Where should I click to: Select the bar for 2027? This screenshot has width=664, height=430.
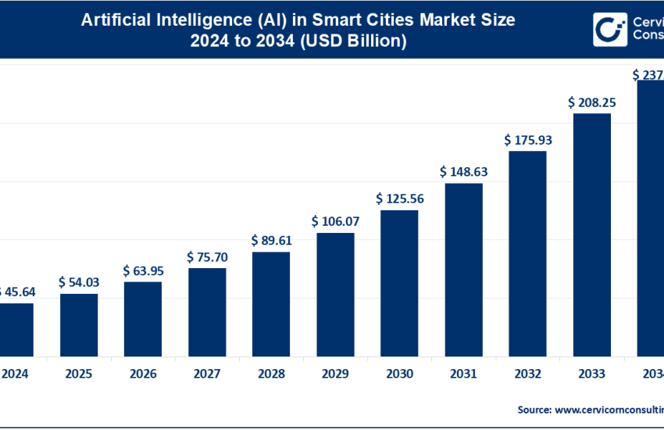207,311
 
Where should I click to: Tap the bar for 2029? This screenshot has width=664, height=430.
335,293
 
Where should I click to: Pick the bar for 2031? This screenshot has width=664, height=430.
464,268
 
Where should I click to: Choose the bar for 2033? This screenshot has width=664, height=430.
592,234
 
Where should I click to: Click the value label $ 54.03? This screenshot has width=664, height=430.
79,281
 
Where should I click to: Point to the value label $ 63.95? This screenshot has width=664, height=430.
143,270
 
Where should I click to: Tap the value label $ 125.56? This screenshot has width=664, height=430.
399,199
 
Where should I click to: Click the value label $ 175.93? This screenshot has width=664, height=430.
527,140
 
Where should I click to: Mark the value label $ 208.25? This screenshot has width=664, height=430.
592,102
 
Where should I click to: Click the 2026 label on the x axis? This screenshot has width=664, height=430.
143,374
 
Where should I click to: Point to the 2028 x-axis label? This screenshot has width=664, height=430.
271,374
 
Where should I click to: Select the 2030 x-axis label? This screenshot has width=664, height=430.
399,374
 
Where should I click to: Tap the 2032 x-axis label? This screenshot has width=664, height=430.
527,374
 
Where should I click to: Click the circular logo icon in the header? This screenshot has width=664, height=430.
607,30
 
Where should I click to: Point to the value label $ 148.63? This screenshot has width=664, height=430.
464,171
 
